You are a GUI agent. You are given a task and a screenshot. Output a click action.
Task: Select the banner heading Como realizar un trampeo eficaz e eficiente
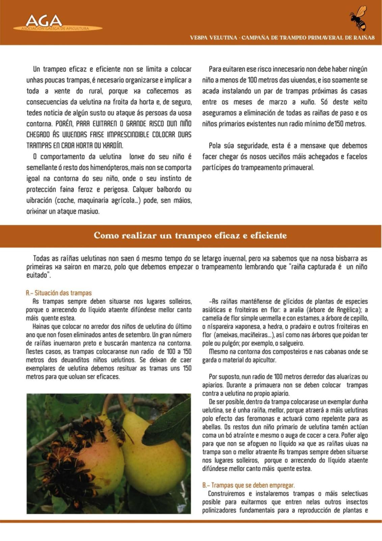click(190, 235)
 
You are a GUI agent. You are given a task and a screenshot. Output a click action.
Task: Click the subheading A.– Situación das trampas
click(59, 293)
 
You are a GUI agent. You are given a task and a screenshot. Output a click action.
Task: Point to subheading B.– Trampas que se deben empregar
click(248, 485)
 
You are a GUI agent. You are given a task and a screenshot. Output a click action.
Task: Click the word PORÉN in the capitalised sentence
click(64, 124)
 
